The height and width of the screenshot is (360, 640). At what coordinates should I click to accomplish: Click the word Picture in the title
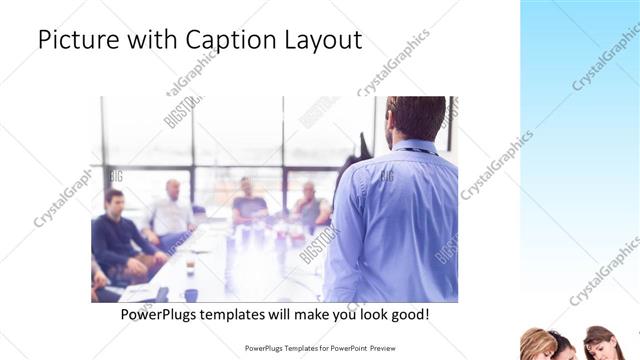pos(76,40)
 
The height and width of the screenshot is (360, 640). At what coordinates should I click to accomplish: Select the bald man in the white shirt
pos(171,210)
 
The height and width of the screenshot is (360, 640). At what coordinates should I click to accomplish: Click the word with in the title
pos(144,40)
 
